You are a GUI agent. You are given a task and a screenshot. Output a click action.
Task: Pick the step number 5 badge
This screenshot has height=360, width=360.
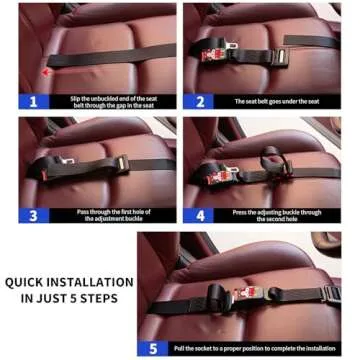click(153, 349)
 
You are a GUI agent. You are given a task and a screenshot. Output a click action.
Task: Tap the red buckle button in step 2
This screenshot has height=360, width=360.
click(209, 56)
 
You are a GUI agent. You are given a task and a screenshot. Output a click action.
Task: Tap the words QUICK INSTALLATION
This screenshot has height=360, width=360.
click(68, 282)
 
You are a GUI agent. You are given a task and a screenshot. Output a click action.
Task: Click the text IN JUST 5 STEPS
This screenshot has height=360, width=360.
click(68, 297)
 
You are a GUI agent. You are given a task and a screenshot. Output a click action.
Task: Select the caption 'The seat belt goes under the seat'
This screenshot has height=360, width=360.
click(277, 101)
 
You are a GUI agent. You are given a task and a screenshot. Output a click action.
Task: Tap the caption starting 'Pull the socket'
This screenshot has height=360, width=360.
click(254, 349)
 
